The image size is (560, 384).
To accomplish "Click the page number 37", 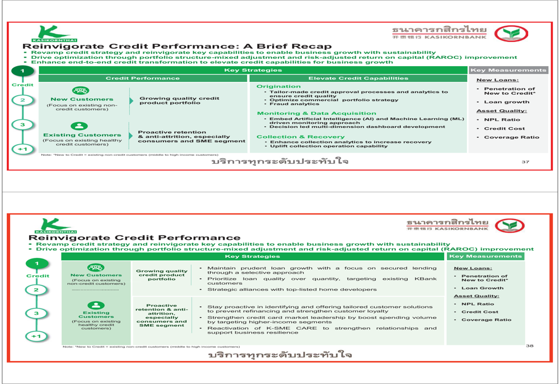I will point(525,162).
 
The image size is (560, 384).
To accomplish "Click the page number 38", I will point(529,346).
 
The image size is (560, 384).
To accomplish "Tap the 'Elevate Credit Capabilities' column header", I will point(358,78).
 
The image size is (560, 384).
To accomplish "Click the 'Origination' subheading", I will point(278,86).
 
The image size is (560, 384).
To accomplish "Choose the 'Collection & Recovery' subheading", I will point(300,137).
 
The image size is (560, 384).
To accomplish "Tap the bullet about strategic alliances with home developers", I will point(292,290).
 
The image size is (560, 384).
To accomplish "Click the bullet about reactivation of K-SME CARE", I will point(321,330).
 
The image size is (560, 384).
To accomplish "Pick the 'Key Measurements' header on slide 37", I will point(508,71).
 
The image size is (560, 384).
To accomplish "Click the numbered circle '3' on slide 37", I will point(22,124).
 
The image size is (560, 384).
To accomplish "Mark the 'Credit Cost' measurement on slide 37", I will point(504,128).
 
